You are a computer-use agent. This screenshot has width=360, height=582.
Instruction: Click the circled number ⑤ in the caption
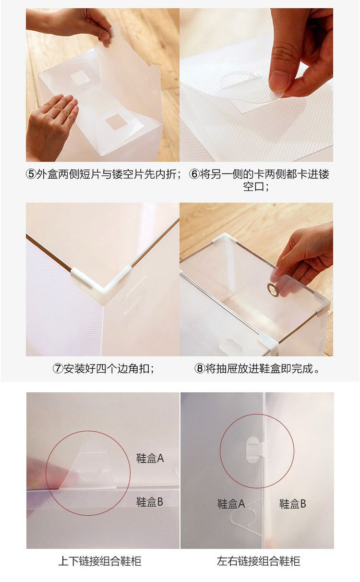click(x=31, y=174)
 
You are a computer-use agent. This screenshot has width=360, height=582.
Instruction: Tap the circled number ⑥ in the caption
click(x=194, y=174)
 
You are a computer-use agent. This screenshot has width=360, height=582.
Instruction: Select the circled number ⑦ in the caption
click(x=58, y=368)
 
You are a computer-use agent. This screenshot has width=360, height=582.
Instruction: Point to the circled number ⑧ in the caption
click(x=200, y=368)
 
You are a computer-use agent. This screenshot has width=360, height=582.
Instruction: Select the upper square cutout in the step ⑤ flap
click(x=80, y=78)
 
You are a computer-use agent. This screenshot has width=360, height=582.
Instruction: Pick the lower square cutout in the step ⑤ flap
click(x=116, y=121)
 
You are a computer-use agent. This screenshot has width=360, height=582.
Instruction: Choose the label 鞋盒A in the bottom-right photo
click(x=231, y=504)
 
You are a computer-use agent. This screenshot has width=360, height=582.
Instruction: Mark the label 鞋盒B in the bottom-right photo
click(x=292, y=504)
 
